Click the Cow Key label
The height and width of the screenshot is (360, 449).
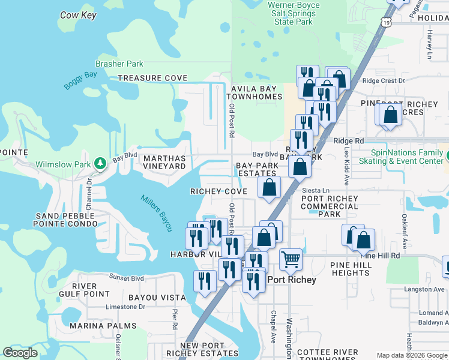pyautogui.click(x=78, y=15)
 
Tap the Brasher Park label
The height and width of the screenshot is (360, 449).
pyautogui.click(x=119, y=64)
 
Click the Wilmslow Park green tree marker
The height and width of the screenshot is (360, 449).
pyautogui.click(x=101, y=163)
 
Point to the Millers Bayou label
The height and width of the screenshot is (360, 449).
pyautogui.click(x=157, y=212)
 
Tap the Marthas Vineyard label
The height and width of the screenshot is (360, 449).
pyautogui.click(x=164, y=162)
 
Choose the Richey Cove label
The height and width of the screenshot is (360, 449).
pyautogui.click(x=218, y=191)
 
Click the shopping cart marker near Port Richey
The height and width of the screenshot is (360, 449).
pyautogui.click(x=291, y=259)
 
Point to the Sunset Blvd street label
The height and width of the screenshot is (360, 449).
pyautogui.click(x=126, y=278)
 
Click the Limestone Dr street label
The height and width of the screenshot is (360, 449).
pyautogui.click(x=125, y=307)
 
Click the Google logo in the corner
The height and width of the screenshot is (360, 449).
pyautogui.click(x=20, y=353)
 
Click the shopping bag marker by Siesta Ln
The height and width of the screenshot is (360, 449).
pyautogui.click(x=270, y=187)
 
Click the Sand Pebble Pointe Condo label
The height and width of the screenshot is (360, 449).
pyautogui.click(x=65, y=220)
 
